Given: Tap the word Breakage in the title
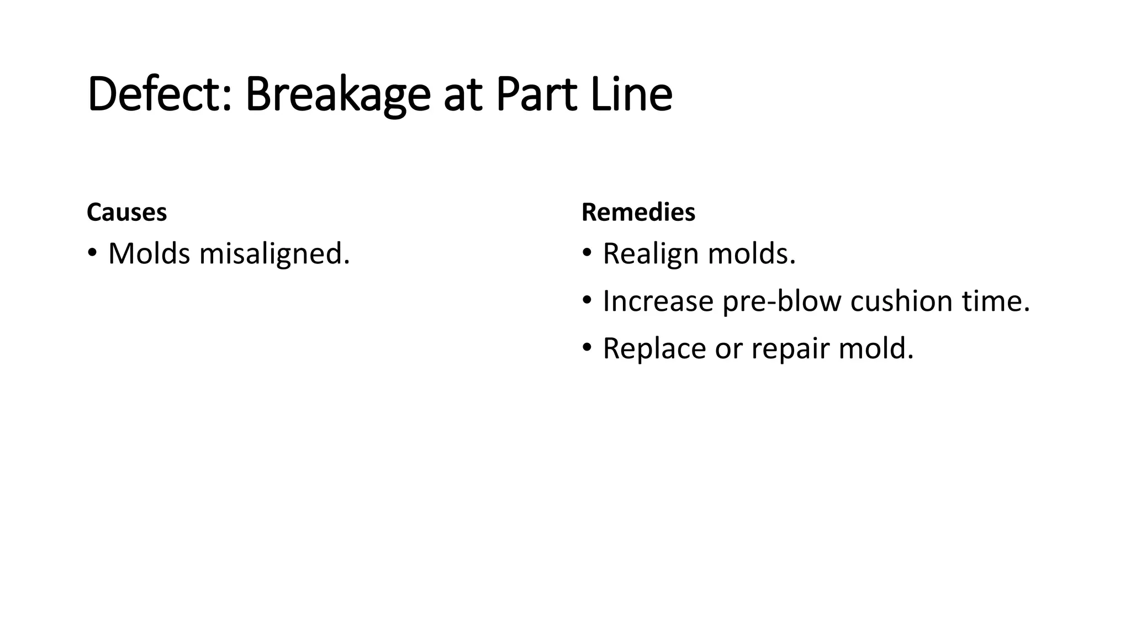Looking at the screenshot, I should coord(337,95).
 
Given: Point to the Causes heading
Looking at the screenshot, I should coord(126,213).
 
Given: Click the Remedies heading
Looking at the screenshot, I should coord(638,213).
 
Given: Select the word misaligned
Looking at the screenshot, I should coord(274,255).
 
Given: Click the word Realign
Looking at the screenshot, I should coord(651,255).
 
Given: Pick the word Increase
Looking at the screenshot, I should coord(658,301).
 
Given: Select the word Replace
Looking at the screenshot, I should coord(654,349).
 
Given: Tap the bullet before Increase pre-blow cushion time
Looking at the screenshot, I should coord(587,300).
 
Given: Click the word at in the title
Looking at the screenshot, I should coord(459,95).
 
